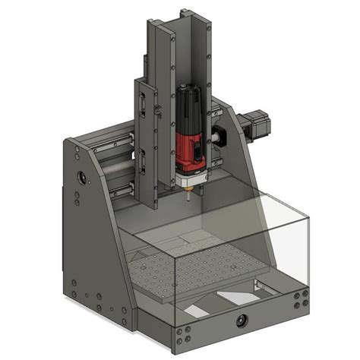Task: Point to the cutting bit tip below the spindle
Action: (188, 200)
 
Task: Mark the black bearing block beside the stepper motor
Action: (223, 137)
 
